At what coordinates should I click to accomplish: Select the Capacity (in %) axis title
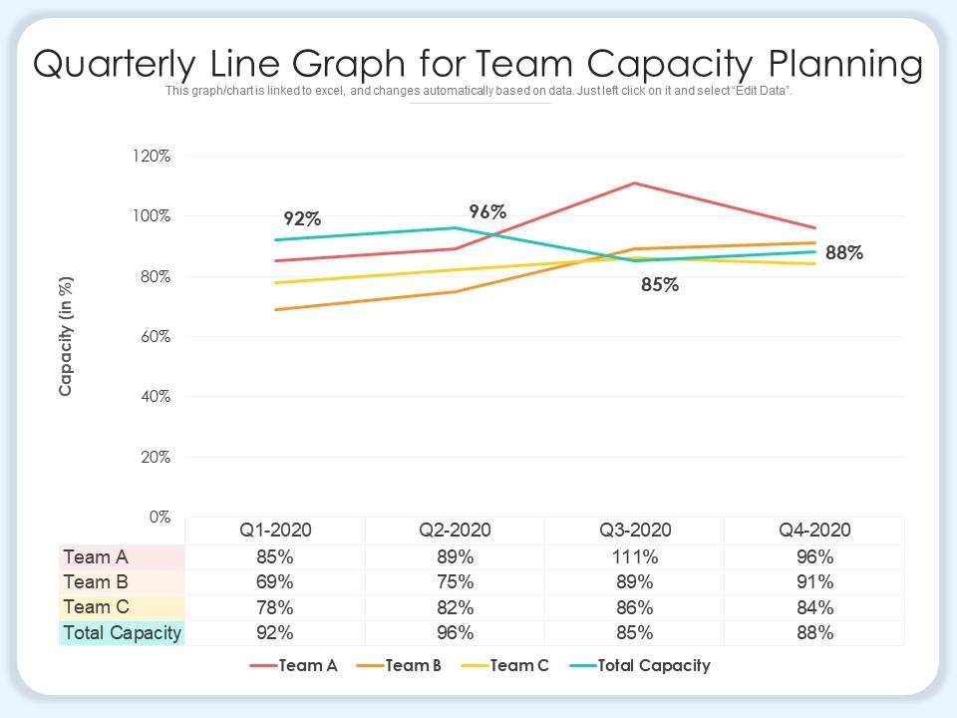click(66, 336)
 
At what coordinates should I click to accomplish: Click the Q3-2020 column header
click(635, 530)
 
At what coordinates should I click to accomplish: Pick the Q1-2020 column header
click(274, 530)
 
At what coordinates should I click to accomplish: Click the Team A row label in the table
click(96, 556)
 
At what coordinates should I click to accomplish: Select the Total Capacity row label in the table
click(122, 632)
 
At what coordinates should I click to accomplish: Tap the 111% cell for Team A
click(635, 557)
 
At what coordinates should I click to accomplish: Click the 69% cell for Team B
click(274, 582)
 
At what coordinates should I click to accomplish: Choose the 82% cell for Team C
click(455, 607)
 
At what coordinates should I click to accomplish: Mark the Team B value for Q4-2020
click(814, 582)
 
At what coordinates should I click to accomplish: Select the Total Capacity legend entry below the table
click(653, 665)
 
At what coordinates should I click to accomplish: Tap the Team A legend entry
click(308, 665)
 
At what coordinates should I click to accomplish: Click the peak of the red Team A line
click(634, 182)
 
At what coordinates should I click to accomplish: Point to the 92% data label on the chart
click(302, 219)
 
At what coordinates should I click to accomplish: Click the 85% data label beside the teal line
click(659, 285)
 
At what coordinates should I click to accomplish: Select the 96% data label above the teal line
click(488, 211)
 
